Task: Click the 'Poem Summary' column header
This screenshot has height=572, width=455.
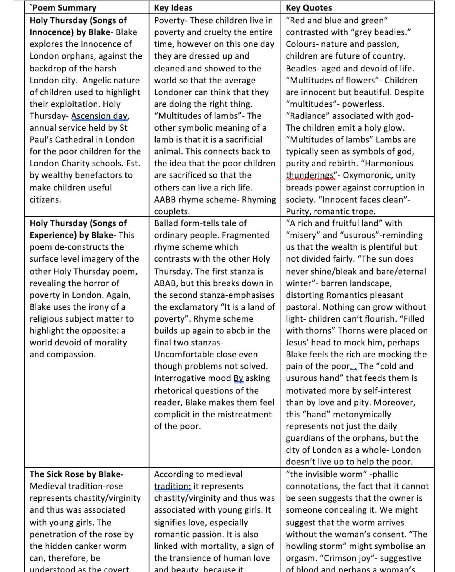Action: (x=63, y=8)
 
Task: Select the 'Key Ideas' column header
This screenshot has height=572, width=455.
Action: (x=173, y=8)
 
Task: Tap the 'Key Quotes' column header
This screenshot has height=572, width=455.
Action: (x=309, y=8)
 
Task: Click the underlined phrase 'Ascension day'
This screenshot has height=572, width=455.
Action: (x=99, y=116)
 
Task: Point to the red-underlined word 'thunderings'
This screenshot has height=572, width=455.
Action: (x=310, y=175)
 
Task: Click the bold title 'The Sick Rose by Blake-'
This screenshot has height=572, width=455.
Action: (x=77, y=474)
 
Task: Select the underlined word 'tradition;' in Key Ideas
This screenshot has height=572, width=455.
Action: (x=172, y=486)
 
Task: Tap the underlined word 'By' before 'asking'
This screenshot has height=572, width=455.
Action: (x=238, y=378)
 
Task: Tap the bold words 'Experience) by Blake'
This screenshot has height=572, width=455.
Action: (x=71, y=235)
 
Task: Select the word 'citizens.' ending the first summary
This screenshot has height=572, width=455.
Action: (x=45, y=199)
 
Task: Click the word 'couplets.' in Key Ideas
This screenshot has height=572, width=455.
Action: (x=172, y=211)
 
